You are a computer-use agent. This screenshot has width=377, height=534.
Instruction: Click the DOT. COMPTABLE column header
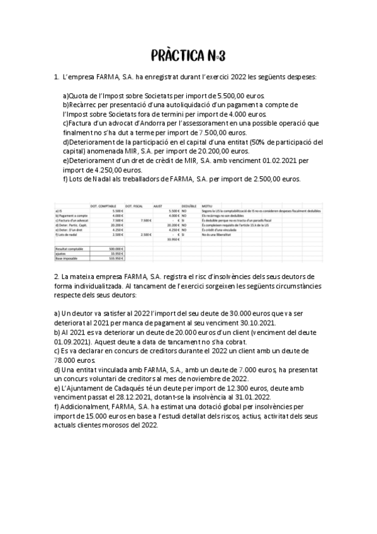click(x=103, y=205)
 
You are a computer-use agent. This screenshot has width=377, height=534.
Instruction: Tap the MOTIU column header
click(x=208, y=205)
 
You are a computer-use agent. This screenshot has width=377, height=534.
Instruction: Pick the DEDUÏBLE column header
click(x=189, y=205)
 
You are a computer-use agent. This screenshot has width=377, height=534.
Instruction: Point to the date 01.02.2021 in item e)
click(x=275, y=160)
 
